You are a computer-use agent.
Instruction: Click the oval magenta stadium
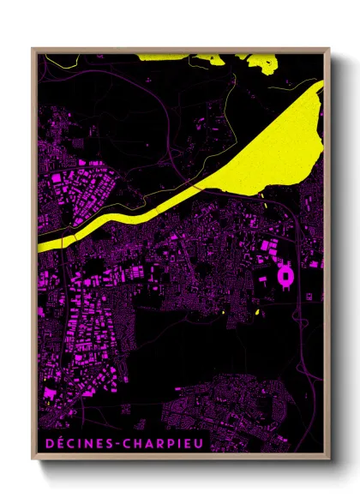point(285,276)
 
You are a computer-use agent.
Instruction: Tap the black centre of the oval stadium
point(285,277)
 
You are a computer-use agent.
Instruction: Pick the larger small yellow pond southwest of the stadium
point(257,311)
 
